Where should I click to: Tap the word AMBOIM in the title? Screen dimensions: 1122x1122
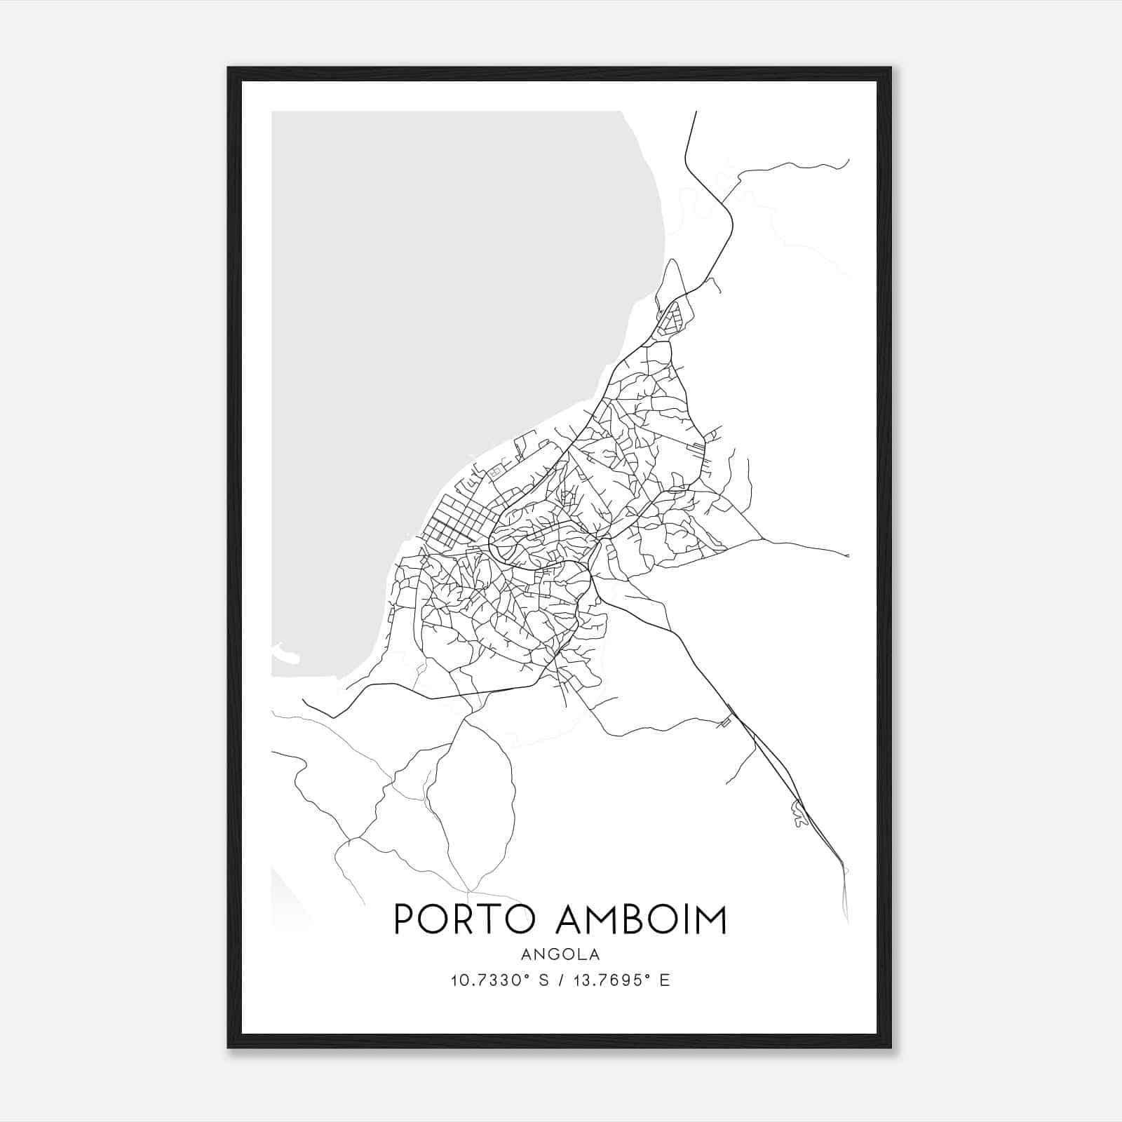tap(640, 919)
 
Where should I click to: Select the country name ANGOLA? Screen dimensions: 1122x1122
tap(560, 954)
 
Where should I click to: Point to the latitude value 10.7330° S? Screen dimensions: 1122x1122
tap(494, 980)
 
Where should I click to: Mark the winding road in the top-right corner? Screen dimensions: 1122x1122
tap(792, 168)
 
